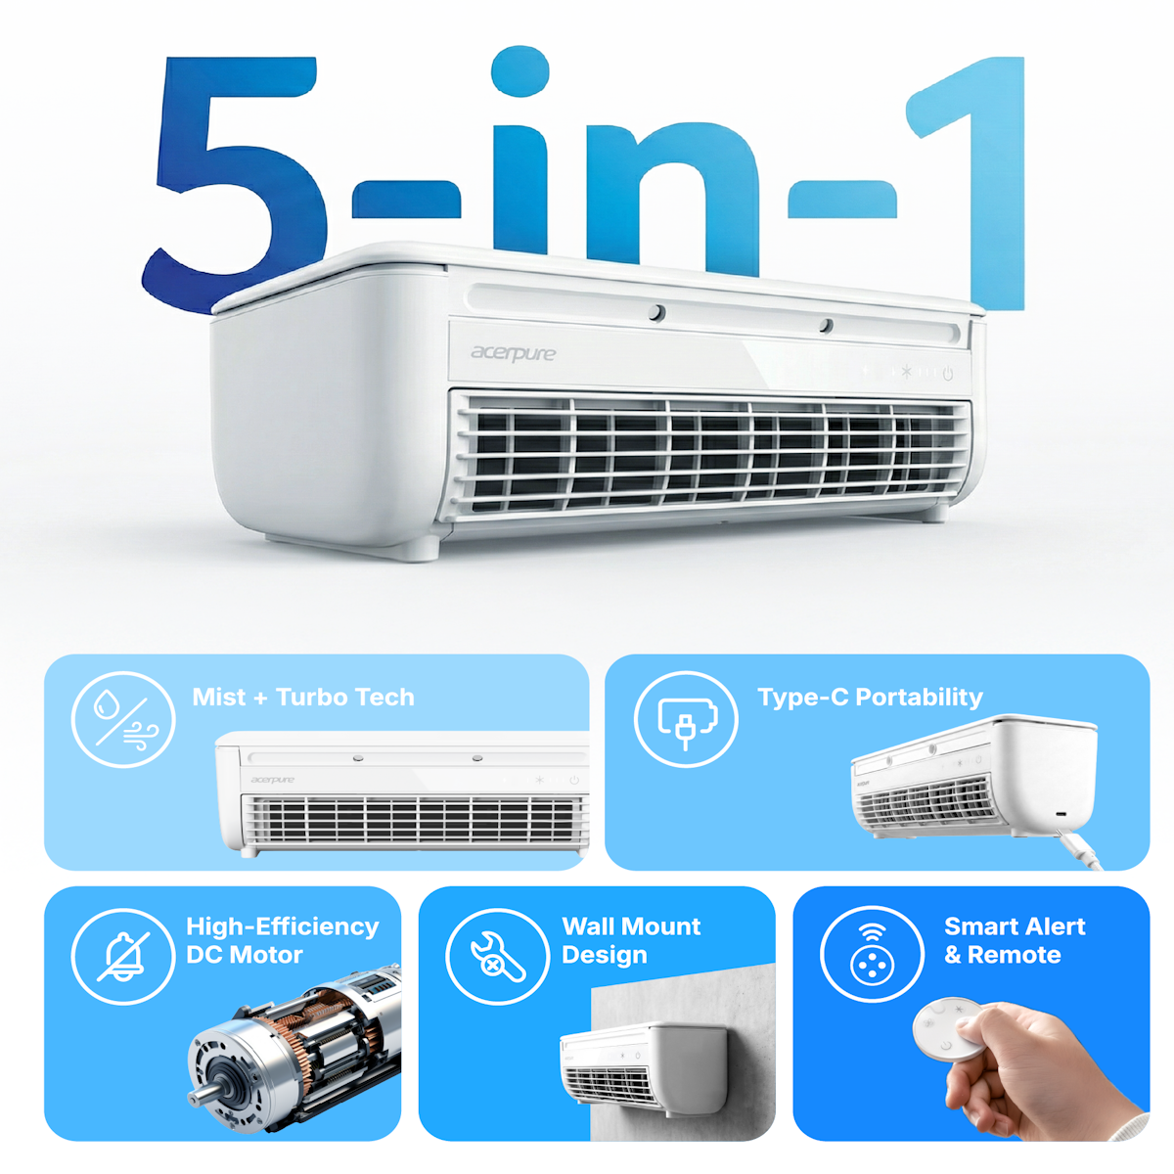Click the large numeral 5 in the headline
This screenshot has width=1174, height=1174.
pos(238,183)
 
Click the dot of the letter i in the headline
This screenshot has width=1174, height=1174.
pos(520,70)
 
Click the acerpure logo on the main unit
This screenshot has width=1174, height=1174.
pos(513,353)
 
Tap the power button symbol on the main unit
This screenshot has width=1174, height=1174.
pos(948,374)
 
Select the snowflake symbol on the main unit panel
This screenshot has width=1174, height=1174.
pos(907,371)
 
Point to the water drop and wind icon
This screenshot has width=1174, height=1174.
pos(123,719)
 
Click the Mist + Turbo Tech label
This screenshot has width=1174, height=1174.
pos(302,697)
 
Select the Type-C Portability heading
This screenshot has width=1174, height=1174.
pos(870,697)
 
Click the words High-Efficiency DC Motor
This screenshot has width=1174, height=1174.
pos(282,940)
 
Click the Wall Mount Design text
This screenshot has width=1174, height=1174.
pos(631,940)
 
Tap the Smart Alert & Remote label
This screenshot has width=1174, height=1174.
pos(1015,940)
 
